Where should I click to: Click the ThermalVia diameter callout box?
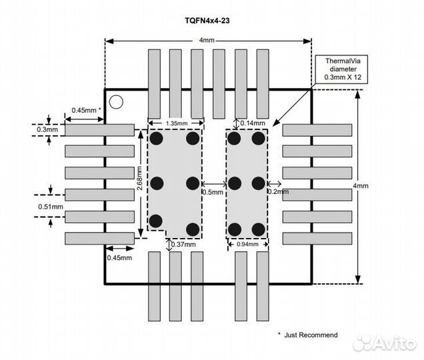341,69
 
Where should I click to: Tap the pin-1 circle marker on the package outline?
117,102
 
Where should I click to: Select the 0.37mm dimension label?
183,245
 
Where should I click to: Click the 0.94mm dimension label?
247,245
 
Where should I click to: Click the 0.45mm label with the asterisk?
86,110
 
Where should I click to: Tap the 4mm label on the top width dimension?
207,41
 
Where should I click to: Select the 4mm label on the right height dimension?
360,185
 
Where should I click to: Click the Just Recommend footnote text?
307,335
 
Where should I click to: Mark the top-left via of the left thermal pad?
157,139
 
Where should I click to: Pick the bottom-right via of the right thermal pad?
258,229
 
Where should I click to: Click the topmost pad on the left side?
99,130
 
